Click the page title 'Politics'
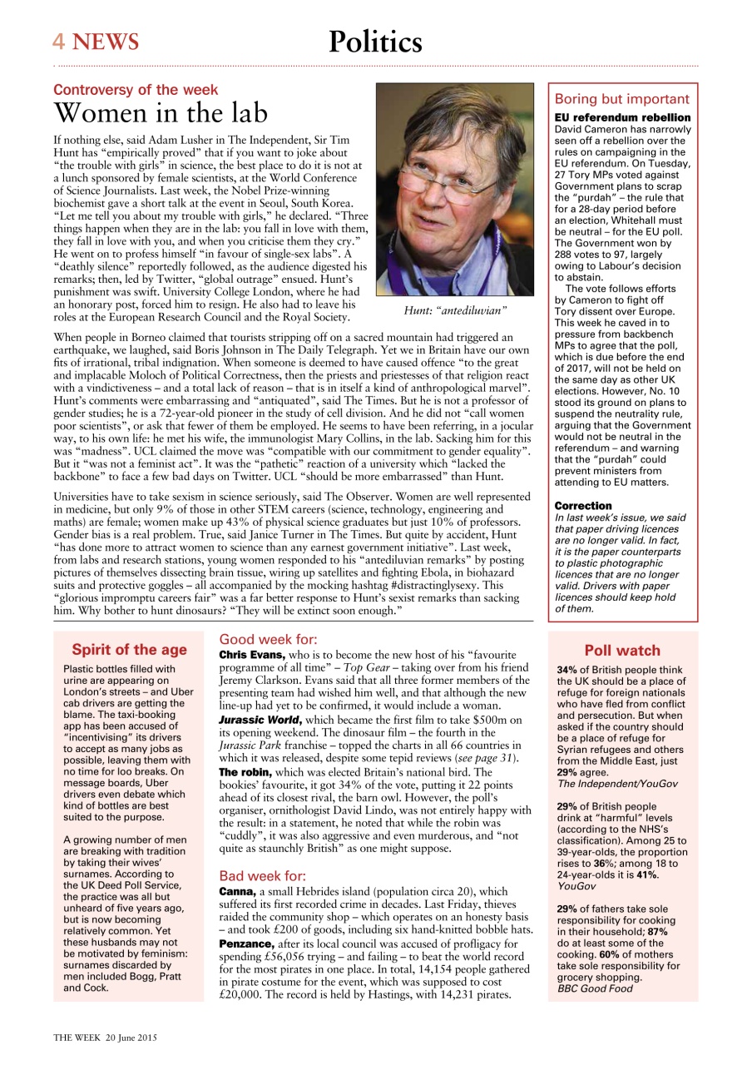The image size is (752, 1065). pyautogui.click(x=375, y=42)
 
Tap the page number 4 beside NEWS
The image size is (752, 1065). pyautogui.click(x=59, y=42)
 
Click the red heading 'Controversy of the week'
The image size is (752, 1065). pyautogui.click(x=136, y=90)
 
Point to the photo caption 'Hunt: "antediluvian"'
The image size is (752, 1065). pyautogui.click(x=455, y=310)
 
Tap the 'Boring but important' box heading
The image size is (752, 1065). pyautogui.click(x=622, y=99)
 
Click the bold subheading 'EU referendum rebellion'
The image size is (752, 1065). pyautogui.click(x=622, y=118)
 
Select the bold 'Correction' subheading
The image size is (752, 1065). pyautogui.click(x=583, y=506)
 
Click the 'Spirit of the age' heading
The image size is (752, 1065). pyautogui.click(x=129, y=650)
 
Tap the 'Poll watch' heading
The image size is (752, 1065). pyautogui.click(x=622, y=651)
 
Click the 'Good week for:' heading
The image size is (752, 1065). pyautogui.click(x=267, y=640)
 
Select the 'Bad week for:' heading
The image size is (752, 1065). pyautogui.click(x=262, y=876)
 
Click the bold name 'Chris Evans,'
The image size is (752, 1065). pyautogui.click(x=252, y=656)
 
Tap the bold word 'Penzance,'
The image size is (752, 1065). pyautogui.click(x=246, y=945)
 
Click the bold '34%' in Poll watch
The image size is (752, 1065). pyautogui.click(x=567, y=669)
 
